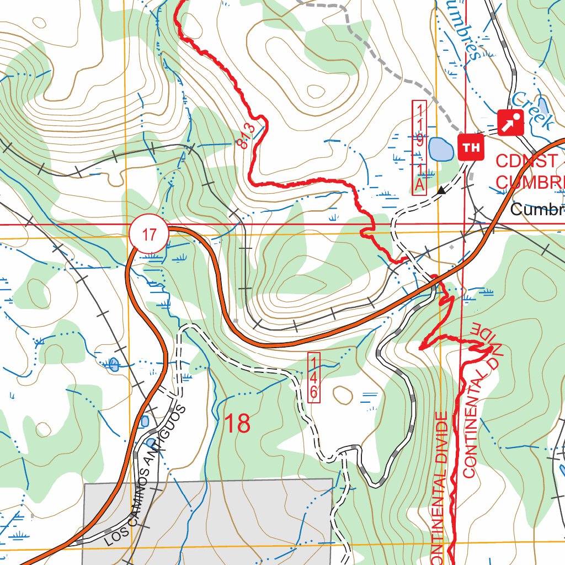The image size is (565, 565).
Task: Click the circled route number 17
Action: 149,234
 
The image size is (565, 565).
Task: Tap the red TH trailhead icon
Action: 471,147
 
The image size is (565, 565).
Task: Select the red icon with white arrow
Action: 511,122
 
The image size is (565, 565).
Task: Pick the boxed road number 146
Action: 313,377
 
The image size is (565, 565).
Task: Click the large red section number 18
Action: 237,424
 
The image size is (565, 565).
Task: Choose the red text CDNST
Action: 526,161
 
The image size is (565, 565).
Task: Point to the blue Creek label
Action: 532,110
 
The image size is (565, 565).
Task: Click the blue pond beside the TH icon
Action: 439,148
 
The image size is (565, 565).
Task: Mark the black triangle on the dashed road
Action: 441,191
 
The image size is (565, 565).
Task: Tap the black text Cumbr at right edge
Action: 536,210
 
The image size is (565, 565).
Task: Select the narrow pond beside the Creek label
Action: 543,105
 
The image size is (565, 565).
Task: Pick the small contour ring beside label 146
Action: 343,395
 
